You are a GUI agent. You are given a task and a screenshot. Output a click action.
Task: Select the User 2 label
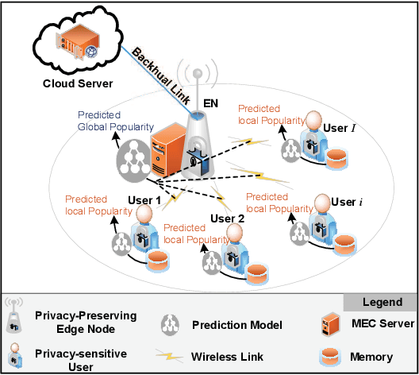pyautogui.click(x=229, y=218)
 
